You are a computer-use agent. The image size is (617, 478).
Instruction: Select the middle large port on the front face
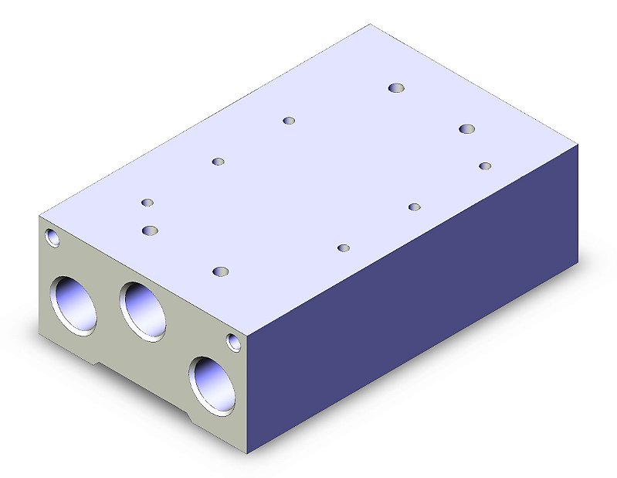[x=144, y=310]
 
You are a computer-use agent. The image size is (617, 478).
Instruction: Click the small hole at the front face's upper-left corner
[x=53, y=237]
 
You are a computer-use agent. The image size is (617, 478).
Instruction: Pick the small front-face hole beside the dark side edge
[x=233, y=341]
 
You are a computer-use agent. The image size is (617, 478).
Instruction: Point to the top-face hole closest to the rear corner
[x=397, y=88]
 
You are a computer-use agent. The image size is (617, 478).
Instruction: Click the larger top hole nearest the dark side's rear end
[x=466, y=128]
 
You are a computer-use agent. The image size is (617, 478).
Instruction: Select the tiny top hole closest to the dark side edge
[x=485, y=166]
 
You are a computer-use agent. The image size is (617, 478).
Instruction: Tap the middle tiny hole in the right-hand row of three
[x=415, y=207]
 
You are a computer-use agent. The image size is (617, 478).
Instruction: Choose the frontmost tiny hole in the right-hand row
[x=344, y=248]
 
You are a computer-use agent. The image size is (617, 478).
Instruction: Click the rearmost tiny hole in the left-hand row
[x=289, y=120]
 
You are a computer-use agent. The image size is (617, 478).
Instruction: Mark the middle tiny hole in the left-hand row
[x=219, y=161]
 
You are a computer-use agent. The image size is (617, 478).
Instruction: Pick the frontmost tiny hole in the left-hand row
[x=147, y=203]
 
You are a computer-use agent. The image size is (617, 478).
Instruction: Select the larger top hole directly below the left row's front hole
[x=150, y=230]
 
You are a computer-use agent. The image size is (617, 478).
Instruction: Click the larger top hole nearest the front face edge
[x=221, y=271]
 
